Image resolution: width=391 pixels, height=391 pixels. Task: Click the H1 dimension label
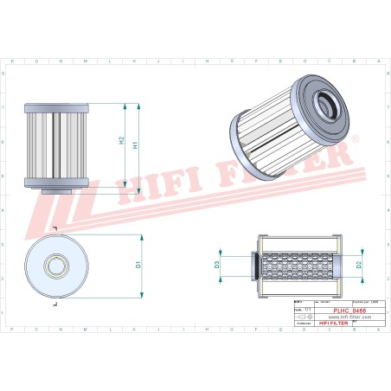136,144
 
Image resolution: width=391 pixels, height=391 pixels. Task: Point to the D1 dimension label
139,264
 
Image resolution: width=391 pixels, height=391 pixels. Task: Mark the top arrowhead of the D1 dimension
128,232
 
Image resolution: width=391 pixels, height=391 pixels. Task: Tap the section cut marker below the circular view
54,304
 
